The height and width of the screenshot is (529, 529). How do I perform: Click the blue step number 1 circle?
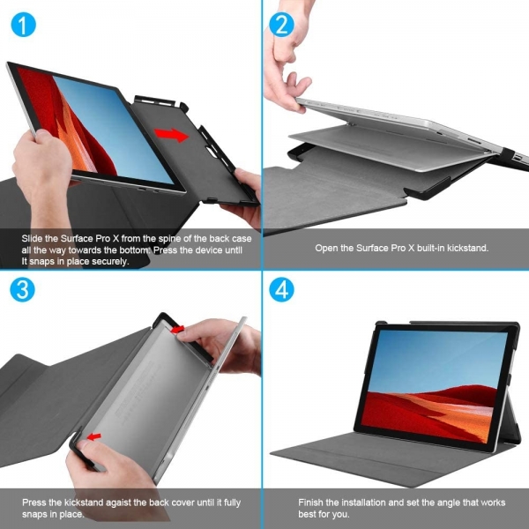pos(23,25)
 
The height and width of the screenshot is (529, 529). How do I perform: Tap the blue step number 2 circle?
pos(281,25)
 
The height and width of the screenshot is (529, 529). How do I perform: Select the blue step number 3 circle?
pos(22,289)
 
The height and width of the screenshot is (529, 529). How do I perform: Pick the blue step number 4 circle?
pos(281,289)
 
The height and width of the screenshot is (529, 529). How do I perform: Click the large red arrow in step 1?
pos(171,135)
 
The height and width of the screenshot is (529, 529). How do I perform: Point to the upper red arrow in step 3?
pos(177,329)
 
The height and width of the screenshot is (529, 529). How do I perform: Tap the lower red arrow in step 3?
pos(93,437)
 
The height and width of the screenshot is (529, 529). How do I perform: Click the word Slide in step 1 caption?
pos(32,239)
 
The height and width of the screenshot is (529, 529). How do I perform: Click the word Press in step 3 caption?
pos(34,503)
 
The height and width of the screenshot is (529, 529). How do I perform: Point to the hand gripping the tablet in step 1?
pos(43,168)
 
